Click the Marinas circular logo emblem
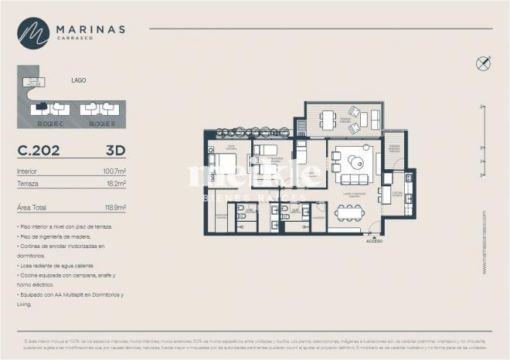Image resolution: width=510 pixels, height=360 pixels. click(33, 33)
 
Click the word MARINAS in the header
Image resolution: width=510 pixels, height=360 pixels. click(90, 29)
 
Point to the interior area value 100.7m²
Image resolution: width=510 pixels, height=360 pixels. click(114, 172)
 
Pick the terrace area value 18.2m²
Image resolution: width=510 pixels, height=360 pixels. click(116, 184)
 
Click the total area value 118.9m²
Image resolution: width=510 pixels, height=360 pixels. click(114, 208)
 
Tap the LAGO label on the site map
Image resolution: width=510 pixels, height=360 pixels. click(78, 80)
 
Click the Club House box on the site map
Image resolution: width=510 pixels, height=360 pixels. click(34, 82)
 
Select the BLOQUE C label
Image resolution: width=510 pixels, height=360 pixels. click(50, 124)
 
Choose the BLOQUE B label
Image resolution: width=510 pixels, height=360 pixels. click(101, 124)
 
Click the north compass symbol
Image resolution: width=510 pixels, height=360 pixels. click(484, 64)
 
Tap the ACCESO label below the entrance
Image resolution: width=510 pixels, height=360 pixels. click(375, 240)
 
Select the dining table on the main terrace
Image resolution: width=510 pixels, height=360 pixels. click(328, 119)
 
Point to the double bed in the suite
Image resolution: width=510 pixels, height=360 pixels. click(223, 164)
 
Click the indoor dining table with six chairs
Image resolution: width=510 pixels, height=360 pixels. click(349, 211)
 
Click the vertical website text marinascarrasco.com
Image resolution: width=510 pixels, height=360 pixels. click(484, 242)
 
